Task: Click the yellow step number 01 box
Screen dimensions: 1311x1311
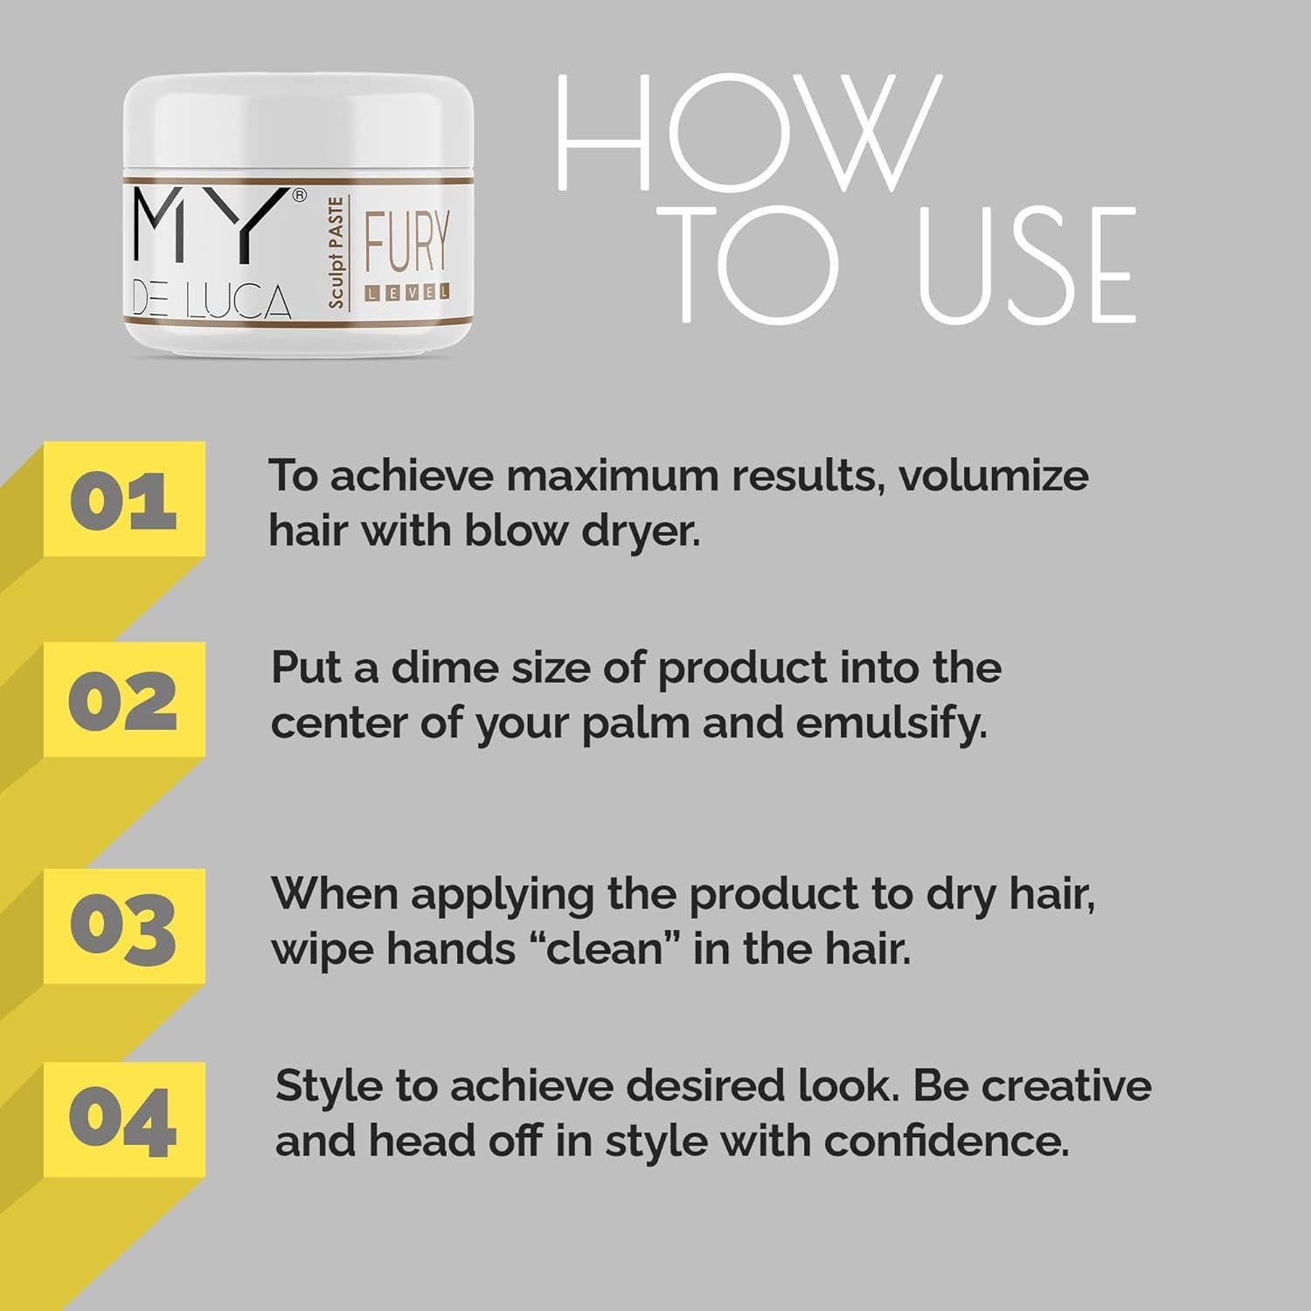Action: pos(124,500)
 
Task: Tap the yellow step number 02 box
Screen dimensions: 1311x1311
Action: pos(124,700)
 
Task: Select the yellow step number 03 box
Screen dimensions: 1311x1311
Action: pos(124,926)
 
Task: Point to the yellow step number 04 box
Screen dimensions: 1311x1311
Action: pos(124,1120)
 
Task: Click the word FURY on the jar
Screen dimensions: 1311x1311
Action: pos(406,242)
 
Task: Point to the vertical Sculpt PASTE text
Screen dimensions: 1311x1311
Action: pos(336,253)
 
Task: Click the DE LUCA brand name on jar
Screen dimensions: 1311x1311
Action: pos(212,302)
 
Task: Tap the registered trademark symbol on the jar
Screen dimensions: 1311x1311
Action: pos(299,196)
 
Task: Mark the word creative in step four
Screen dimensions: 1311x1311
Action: pos(1065,1086)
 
